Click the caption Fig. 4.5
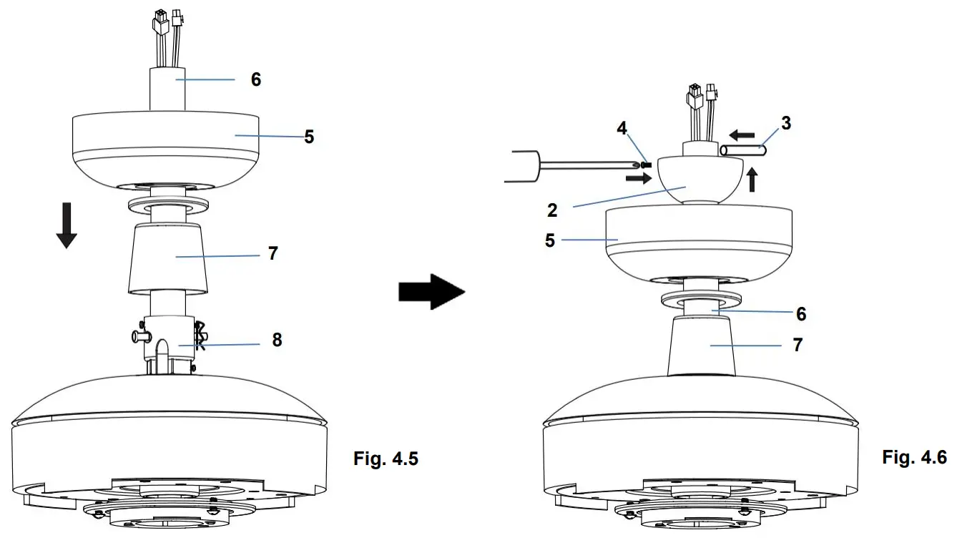(386, 459)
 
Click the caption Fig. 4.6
(914, 456)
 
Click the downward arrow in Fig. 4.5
(67, 225)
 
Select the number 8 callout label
(276, 340)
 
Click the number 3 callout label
(786, 123)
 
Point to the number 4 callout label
(622, 129)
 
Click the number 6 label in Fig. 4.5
(255, 79)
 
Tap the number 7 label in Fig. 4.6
(797, 345)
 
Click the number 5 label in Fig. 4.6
(549, 240)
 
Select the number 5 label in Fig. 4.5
(308, 136)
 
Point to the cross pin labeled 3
(744, 151)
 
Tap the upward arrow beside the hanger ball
(751, 179)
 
